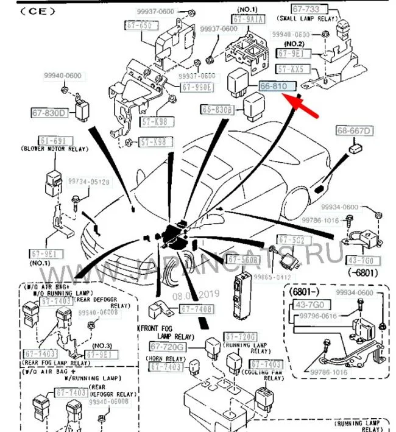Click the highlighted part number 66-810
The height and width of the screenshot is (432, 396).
click(277, 87)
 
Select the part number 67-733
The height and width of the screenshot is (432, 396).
click(309, 10)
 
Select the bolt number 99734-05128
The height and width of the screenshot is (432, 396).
click(89, 182)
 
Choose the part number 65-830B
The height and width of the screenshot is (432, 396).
click(217, 110)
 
